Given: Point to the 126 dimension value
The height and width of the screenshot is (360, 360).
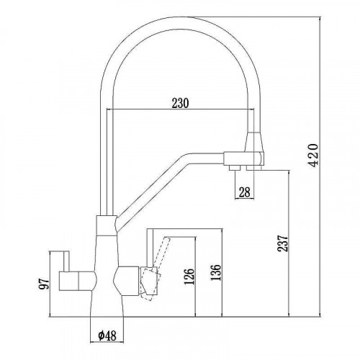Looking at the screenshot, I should click(x=189, y=277).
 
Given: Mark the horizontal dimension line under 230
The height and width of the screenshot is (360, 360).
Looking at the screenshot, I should click(x=179, y=110).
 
